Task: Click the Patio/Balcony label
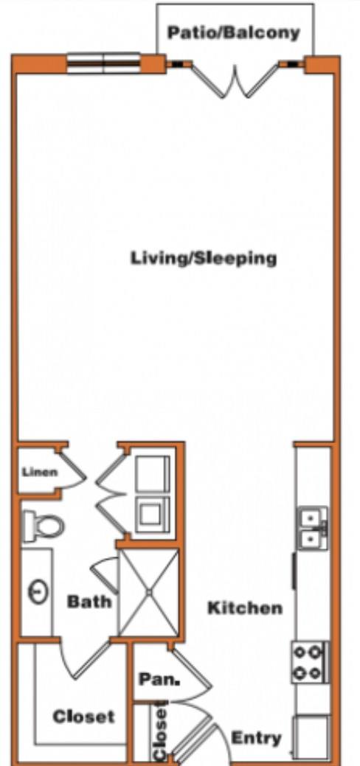click(x=234, y=33)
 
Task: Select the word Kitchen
click(x=244, y=608)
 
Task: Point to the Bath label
click(x=90, y=602)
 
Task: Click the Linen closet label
click(x=39, y=472)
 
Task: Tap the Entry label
click(x=256, y=738)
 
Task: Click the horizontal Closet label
click(x=83, y=717)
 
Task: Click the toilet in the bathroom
click(x=43, y=526)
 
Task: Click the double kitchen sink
click(x=312, y=529)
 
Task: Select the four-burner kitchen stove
click(x=309, y=662)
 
